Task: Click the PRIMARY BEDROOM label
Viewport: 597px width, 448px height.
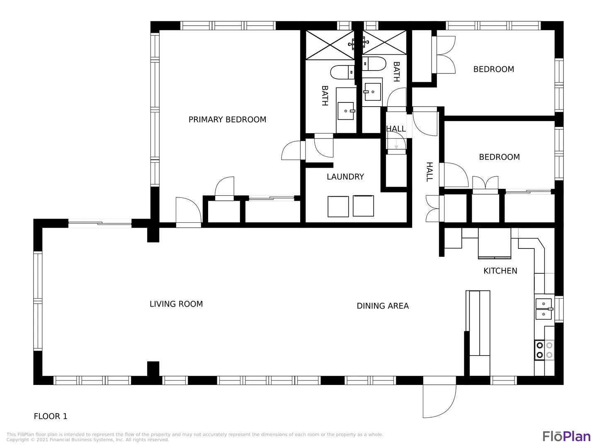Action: pyautogui.click(x=227, y=119)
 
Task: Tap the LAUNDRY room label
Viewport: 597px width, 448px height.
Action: pyautogui.click(x=345, y=177)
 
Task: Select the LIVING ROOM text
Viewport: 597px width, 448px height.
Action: pyautogui.click(x=176, y=304)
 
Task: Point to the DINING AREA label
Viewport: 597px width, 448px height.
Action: pyautogui.click(x=383, y=306)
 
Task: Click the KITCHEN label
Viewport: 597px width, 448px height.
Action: pyautogui.click(x=500, y=270)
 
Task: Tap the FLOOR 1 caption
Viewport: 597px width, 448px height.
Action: pyautogui.click(x=51, y=416)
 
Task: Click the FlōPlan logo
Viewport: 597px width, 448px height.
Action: pyautogui.click(x=567, y=436)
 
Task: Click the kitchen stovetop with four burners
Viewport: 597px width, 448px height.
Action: pyautogui.click(x=544, y=350)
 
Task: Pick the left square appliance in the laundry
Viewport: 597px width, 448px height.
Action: pyautogui.click(x=338, y=207)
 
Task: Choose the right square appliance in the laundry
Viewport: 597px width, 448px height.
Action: pyautogui.click(x=363, y=206)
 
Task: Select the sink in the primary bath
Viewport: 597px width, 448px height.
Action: pyautogui.click(x=346, y=111)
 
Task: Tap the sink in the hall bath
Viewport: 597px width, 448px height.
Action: pyautogui.click(x=372, y=92)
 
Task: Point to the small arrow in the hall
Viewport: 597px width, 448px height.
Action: pyautogui.click(x=396, y=144)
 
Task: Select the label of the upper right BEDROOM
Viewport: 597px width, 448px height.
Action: pyautogui.click(x=494, y=69)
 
